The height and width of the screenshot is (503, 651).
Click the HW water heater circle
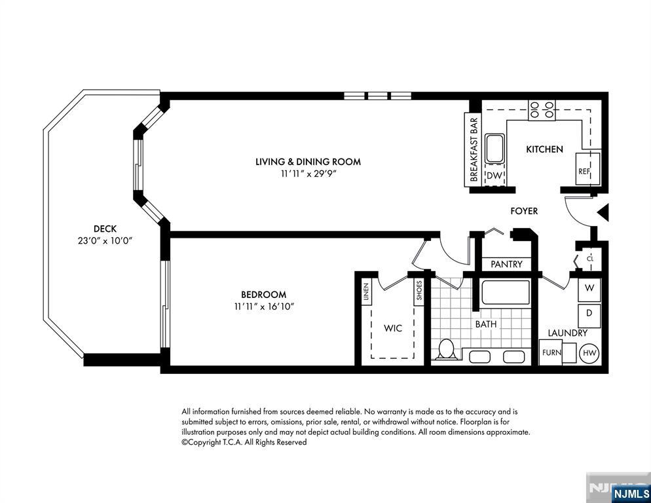[x=589, y=354]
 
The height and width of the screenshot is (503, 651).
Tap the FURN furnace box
[x=551, y=352]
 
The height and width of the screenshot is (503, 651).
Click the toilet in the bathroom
[x=446, y=349]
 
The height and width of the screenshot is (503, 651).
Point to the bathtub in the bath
[x=505, y=292]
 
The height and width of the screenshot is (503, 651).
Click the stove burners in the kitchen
[x=542, y=110]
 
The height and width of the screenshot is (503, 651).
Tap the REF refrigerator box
[x=587, y=168]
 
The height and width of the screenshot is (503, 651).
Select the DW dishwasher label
[x=494, y=176]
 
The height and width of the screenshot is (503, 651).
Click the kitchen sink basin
[x=494, y=149]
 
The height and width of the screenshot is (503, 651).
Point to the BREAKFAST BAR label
[x=474, y=150]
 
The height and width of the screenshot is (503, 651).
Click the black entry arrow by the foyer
[x=603, y=212]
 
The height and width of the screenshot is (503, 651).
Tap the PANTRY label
[x=506, y=264]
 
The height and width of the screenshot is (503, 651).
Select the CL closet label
[x=590, y=259]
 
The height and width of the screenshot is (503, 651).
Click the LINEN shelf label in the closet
[x=365, y=291]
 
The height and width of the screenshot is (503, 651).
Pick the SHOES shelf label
[x=419, y=290]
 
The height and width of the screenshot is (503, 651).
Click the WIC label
[x=393, y=328]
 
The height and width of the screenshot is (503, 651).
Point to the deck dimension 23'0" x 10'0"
[x=105, y=240]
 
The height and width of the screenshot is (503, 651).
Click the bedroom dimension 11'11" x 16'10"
[x=264, y=307]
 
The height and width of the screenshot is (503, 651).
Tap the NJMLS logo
[x=631, y=493]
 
